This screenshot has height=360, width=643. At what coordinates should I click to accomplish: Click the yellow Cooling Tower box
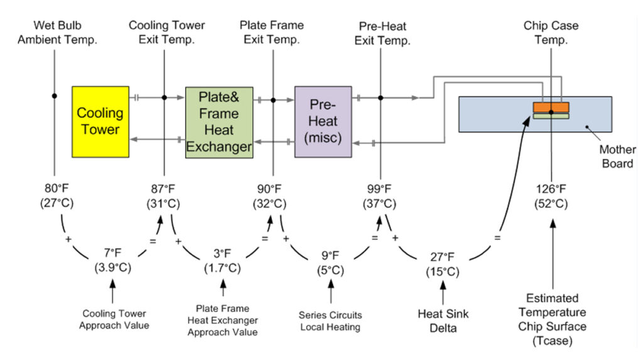click(100, 121)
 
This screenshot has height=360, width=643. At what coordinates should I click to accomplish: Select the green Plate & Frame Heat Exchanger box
click(219, 122)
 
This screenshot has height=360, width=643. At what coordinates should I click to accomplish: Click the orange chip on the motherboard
click(551, 106)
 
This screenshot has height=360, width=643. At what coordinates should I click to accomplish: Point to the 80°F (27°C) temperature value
click(54, 196)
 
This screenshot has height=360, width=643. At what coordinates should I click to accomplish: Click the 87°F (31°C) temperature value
click(164, 196)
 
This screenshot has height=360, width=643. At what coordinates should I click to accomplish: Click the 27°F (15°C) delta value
click(443, 265)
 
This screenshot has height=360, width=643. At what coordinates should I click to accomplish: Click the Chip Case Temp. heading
click(550, 33)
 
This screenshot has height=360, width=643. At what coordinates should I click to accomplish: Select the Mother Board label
click(617, 156)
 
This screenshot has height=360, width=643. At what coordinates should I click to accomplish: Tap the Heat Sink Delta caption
click(443, 320)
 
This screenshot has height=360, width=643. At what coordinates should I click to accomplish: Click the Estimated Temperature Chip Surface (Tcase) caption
click(552, 319)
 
